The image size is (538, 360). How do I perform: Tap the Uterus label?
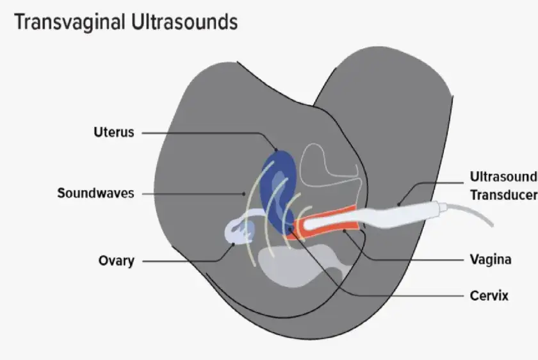(x=113, y=133)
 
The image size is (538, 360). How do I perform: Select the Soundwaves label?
(x=95, y=193)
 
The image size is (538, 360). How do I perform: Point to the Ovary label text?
(x=116, y=261)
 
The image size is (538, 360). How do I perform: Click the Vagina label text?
(x=490, y=259)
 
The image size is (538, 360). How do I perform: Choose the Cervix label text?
(x=489, y=296)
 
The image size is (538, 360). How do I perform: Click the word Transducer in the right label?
(x=503, y=195)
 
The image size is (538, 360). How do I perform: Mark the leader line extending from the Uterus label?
(x=205, y=133)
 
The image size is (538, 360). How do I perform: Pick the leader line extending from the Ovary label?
(x=186, y=261)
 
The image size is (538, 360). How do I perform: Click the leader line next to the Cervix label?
(x=410, y=296)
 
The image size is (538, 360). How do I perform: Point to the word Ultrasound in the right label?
(x=502, y=176)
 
